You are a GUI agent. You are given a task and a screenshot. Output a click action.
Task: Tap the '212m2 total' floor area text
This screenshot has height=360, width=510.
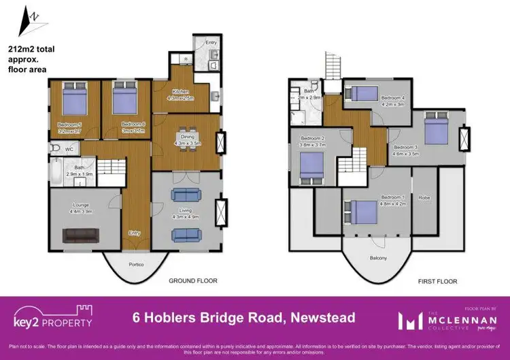click(x=32, y=50)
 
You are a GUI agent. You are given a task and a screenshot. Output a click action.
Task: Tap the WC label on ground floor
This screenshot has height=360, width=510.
click(x=70, y=148)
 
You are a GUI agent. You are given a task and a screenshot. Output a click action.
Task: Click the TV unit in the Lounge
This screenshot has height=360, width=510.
click(x=82, y=235)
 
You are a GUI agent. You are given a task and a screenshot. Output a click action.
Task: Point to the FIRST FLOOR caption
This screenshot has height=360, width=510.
click(x=437, y=280)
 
